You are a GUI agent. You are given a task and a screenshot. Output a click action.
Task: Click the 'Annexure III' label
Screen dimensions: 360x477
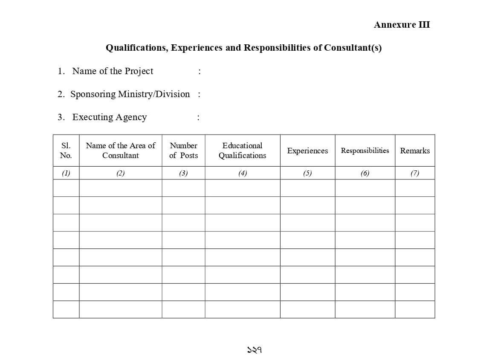402,25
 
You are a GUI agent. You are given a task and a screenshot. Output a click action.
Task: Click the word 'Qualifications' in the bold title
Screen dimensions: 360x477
136,48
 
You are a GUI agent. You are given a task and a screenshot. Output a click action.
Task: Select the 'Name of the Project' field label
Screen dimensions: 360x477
113,71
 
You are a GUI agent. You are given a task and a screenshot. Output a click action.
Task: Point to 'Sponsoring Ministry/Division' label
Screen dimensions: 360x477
130,94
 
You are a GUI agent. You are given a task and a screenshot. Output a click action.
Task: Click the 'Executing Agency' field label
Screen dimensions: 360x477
110,117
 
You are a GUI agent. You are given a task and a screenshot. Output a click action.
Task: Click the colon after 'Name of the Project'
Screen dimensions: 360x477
199,72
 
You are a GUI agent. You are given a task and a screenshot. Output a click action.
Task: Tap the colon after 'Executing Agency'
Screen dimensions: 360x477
198,118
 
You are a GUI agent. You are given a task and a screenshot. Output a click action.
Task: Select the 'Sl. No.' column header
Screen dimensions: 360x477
66,150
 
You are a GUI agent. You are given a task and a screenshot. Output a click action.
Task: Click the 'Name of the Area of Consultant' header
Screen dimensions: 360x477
121,150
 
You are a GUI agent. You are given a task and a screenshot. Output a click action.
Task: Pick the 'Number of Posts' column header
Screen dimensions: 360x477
183,150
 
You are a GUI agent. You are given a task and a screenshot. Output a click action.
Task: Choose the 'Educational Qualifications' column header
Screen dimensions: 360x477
242,150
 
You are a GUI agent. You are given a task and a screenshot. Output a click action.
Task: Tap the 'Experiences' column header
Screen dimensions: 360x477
307,151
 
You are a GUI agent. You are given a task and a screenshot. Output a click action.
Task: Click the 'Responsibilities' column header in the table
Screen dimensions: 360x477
365,150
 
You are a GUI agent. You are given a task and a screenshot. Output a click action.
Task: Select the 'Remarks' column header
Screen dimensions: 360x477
415,151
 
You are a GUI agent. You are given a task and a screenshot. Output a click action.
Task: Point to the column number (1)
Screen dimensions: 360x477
66,173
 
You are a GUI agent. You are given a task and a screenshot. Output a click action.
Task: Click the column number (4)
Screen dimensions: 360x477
242,173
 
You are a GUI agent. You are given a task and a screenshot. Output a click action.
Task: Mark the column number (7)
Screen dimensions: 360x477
415,173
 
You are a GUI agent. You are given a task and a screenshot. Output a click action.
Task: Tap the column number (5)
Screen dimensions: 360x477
307,173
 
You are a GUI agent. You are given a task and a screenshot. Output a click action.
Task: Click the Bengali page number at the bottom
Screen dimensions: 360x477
254,350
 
